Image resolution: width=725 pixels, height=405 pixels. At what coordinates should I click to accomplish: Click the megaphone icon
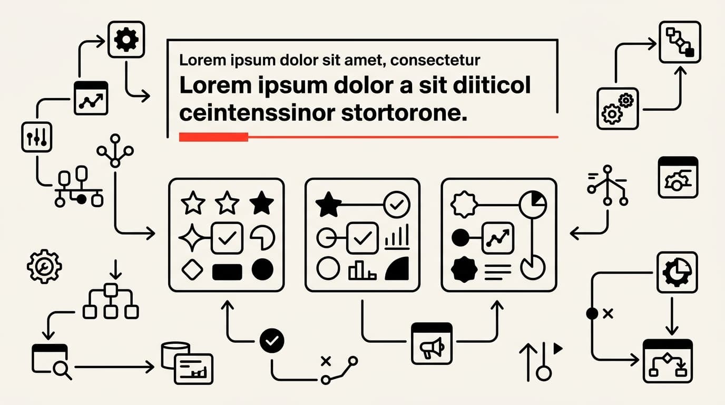click(432, 348)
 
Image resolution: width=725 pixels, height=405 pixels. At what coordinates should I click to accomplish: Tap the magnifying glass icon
click(62, 370)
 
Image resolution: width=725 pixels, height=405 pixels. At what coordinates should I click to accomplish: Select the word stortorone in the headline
click(404, 113)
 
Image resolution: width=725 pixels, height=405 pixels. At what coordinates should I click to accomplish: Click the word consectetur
click(435, 60)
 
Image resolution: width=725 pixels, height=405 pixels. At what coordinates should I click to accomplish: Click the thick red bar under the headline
click(213, 137)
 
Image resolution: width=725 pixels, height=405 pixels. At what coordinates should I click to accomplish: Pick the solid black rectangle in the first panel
click(227, 272)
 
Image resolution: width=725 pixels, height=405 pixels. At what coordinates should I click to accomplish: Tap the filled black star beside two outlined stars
click(261, 203)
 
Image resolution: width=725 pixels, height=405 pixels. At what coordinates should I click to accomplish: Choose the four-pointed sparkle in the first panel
click(192, 238)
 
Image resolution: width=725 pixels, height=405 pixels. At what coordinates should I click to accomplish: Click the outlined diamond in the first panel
click(192, 269)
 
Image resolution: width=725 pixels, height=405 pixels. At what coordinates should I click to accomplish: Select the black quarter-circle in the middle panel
click(397, 268)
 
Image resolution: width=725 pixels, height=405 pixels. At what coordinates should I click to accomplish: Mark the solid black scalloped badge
click(464, 269)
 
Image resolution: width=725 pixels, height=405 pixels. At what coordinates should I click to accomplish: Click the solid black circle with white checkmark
click(272, 341)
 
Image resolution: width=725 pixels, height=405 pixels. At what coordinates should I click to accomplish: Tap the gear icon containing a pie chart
click(677, 273)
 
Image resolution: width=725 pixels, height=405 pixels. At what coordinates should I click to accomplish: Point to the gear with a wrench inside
click(44, 266)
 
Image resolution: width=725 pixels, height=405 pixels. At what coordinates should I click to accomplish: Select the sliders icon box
click(36, 137)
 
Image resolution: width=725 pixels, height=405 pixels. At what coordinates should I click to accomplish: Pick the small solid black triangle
click(557, 349)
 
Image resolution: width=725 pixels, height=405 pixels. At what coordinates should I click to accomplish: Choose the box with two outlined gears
click(618, 109)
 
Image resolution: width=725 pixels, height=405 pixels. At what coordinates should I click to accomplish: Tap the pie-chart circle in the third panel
click(533, 205)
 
